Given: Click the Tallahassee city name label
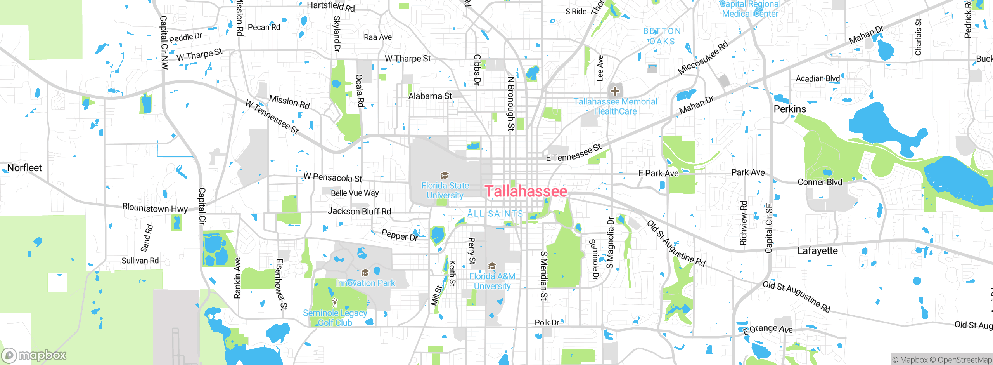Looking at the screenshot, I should coord(526,191).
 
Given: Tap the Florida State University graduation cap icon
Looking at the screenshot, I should coord(445,176).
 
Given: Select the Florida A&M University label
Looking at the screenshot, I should coord(492,281).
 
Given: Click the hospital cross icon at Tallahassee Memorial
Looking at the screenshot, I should coord(615,92).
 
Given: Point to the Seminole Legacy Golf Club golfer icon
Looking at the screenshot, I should coord(335,302).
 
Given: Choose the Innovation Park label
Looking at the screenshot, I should coord(365,283).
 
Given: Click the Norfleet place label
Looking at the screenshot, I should coord(24,168).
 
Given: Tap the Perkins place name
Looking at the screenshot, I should coord(790,109).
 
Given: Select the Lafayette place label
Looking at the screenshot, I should coord(817,251).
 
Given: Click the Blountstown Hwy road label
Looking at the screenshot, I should coord(155,208).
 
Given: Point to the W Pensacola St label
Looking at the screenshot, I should coord(333,177).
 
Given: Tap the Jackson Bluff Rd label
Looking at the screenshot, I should coord(359,211).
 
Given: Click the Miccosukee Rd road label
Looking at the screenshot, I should coord(702,58).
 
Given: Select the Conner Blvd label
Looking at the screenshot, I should coord(820,182).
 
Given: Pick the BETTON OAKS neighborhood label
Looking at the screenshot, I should coord(662,36).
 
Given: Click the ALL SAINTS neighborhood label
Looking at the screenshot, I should coord(495,214).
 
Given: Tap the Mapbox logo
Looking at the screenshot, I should coord(34,355).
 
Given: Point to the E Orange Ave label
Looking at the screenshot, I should coord(768,330).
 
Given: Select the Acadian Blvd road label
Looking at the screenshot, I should coord(818,79).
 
